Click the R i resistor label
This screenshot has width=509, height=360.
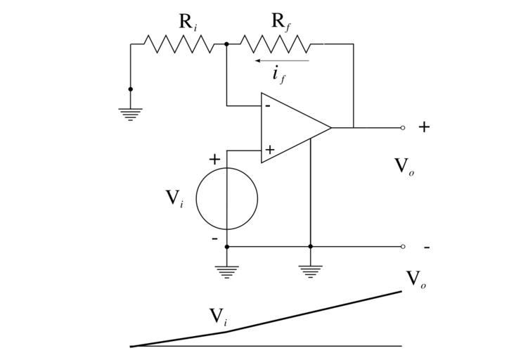tap(188, 22)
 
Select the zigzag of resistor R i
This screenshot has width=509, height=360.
tap(179, 44)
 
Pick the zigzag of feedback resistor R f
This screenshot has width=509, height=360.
tap(275, 44)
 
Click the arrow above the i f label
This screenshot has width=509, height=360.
tap(281, 60)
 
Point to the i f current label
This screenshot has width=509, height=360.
tap(279, 75)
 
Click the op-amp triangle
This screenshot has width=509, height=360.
tap(292, 128)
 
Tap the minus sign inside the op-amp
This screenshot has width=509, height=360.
tap(267, 106)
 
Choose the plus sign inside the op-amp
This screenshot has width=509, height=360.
tap(269, 150)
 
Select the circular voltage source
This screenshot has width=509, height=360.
tap(226, 199)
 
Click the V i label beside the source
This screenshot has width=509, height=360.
tap(175, 198)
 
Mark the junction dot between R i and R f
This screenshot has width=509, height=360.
tap(226, 44)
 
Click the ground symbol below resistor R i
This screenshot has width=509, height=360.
tap(130, 113)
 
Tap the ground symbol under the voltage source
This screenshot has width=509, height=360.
tap(226, 271)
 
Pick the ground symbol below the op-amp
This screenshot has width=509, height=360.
tap(310, 271)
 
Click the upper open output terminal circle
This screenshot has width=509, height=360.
tap(403, 128)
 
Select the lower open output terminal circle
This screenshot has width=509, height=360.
tap(403, 247)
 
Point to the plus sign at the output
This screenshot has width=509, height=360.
tap(424, 127)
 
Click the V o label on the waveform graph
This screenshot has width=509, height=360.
tap(417, 280)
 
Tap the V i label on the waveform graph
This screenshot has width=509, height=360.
tap(219, 318)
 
